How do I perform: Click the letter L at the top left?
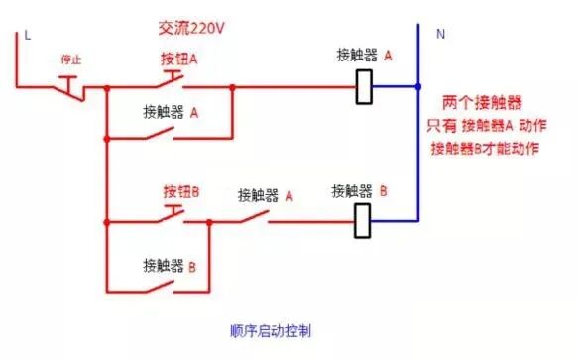[x=28, y=36]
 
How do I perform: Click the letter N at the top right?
[x=439, y=34]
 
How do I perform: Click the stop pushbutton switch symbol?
[x=69, y=89]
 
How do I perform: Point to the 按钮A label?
[x=179, y=59]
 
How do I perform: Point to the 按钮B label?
[x=181, y=191]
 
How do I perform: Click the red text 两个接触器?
[x=483, y=103]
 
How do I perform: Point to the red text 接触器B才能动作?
[x=484, y=148]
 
